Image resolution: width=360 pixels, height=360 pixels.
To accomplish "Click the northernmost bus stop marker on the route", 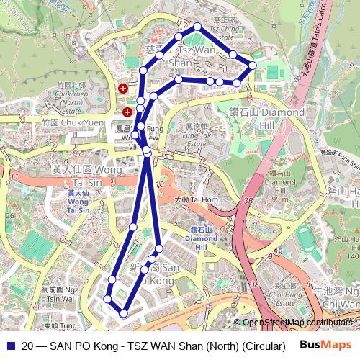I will coord(197,27).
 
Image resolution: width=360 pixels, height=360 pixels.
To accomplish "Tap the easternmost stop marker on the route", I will coord(253,66).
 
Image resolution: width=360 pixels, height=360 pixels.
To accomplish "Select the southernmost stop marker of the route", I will coord(125,313).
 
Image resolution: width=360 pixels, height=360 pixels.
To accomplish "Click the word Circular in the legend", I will coord(261,345).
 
